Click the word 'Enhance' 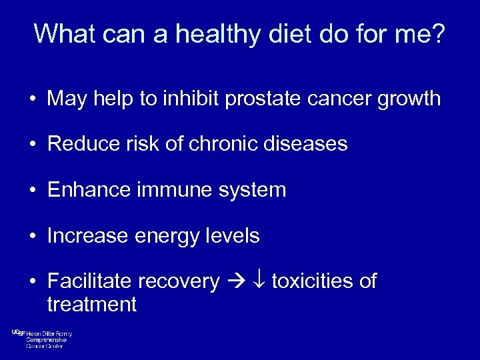[89, 190]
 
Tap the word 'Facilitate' [91, 281]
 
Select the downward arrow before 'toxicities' [260, 282]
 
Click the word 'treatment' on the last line [91, 305]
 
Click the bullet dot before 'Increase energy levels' [32, 237]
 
